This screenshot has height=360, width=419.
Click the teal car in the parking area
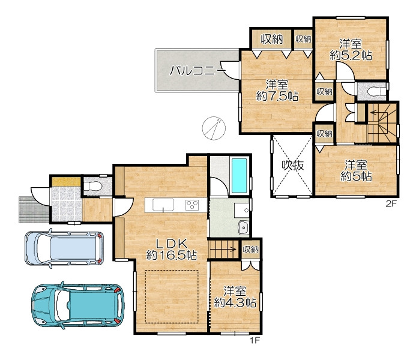pos(78,305)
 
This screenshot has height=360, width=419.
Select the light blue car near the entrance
pos(64,248)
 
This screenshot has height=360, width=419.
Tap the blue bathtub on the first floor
pos(239,175)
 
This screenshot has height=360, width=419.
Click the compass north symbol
pos(214,128)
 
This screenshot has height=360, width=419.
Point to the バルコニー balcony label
pos(197,71)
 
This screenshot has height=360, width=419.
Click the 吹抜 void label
pos(293,166)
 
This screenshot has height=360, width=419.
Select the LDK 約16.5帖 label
pos(171,249)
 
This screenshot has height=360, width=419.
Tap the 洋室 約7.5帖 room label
pos(277,91)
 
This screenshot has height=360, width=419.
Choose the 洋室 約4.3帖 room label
pos(235,296)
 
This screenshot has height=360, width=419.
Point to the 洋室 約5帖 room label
pos(356,170)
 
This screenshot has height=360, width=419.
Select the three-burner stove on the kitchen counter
pos(192,205)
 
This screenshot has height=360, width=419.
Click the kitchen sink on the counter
pos(163,205)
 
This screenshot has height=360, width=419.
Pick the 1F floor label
pos(255,341)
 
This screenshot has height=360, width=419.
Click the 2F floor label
pos(391,205)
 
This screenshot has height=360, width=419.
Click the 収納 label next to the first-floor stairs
pos(250,250)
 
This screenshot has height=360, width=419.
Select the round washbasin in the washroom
pos(244,227)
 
